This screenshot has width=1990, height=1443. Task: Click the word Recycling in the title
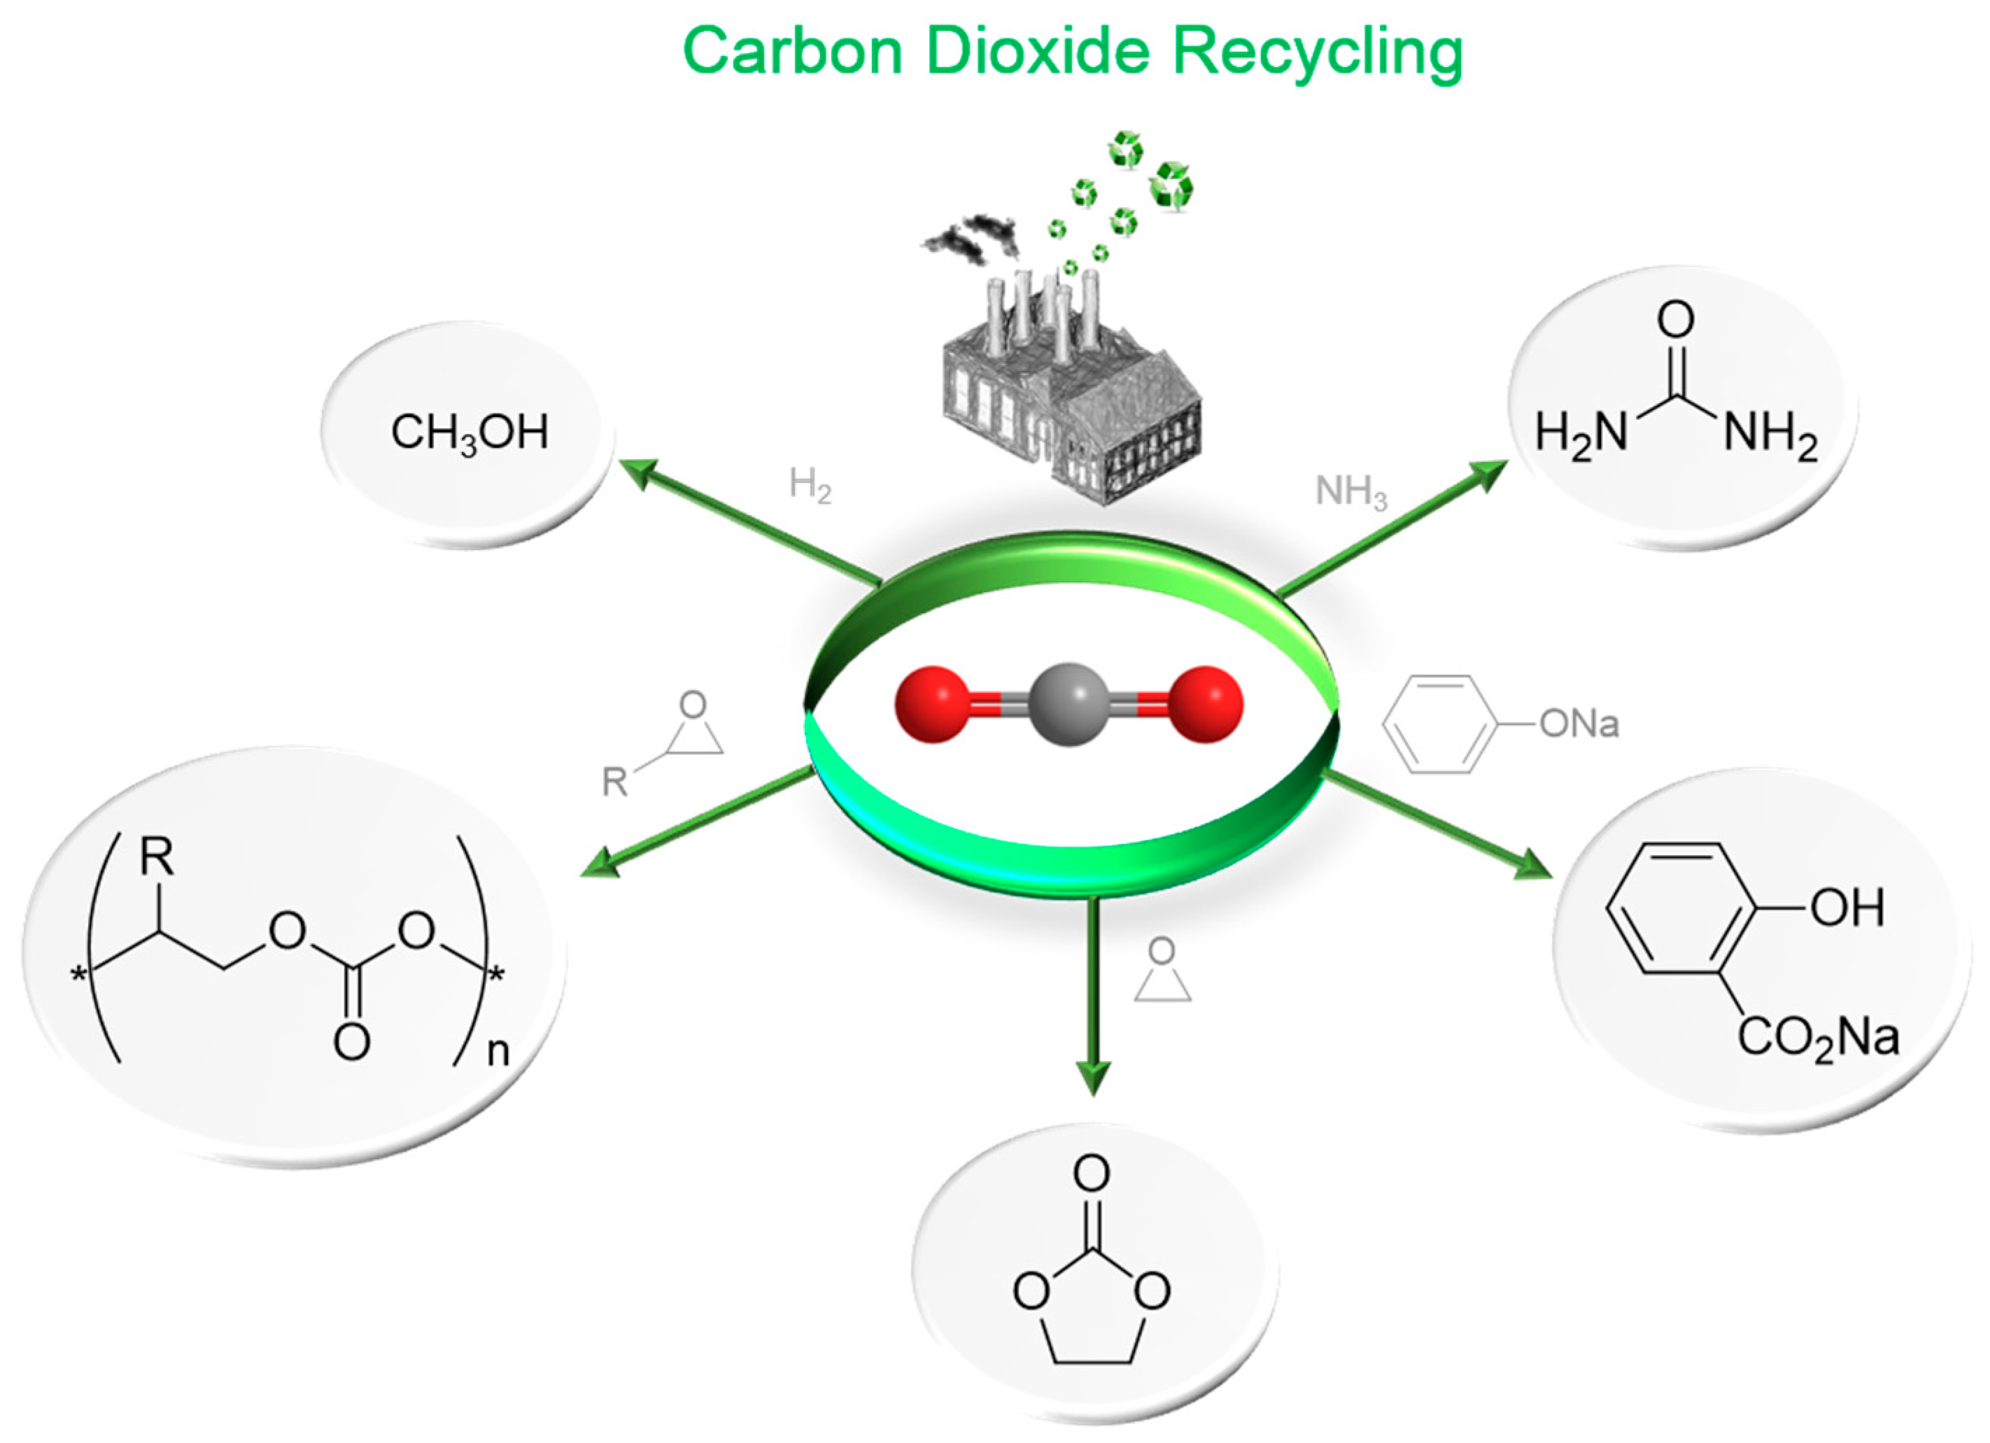pos(1317,52)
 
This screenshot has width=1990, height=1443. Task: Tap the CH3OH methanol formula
pos(470,432)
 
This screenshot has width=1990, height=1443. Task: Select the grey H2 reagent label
pos(809,484)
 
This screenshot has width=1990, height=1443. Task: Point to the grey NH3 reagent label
pos(1350,491)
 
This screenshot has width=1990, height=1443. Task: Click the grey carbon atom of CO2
pos(1068,704)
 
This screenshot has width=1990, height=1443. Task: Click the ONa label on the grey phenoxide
pos(1579,724)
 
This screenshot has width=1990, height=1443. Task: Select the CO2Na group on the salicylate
pos(1818,1039)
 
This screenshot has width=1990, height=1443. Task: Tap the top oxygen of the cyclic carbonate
pos(1092,1174)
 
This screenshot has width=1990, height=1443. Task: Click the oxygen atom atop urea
pos(1675,320)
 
